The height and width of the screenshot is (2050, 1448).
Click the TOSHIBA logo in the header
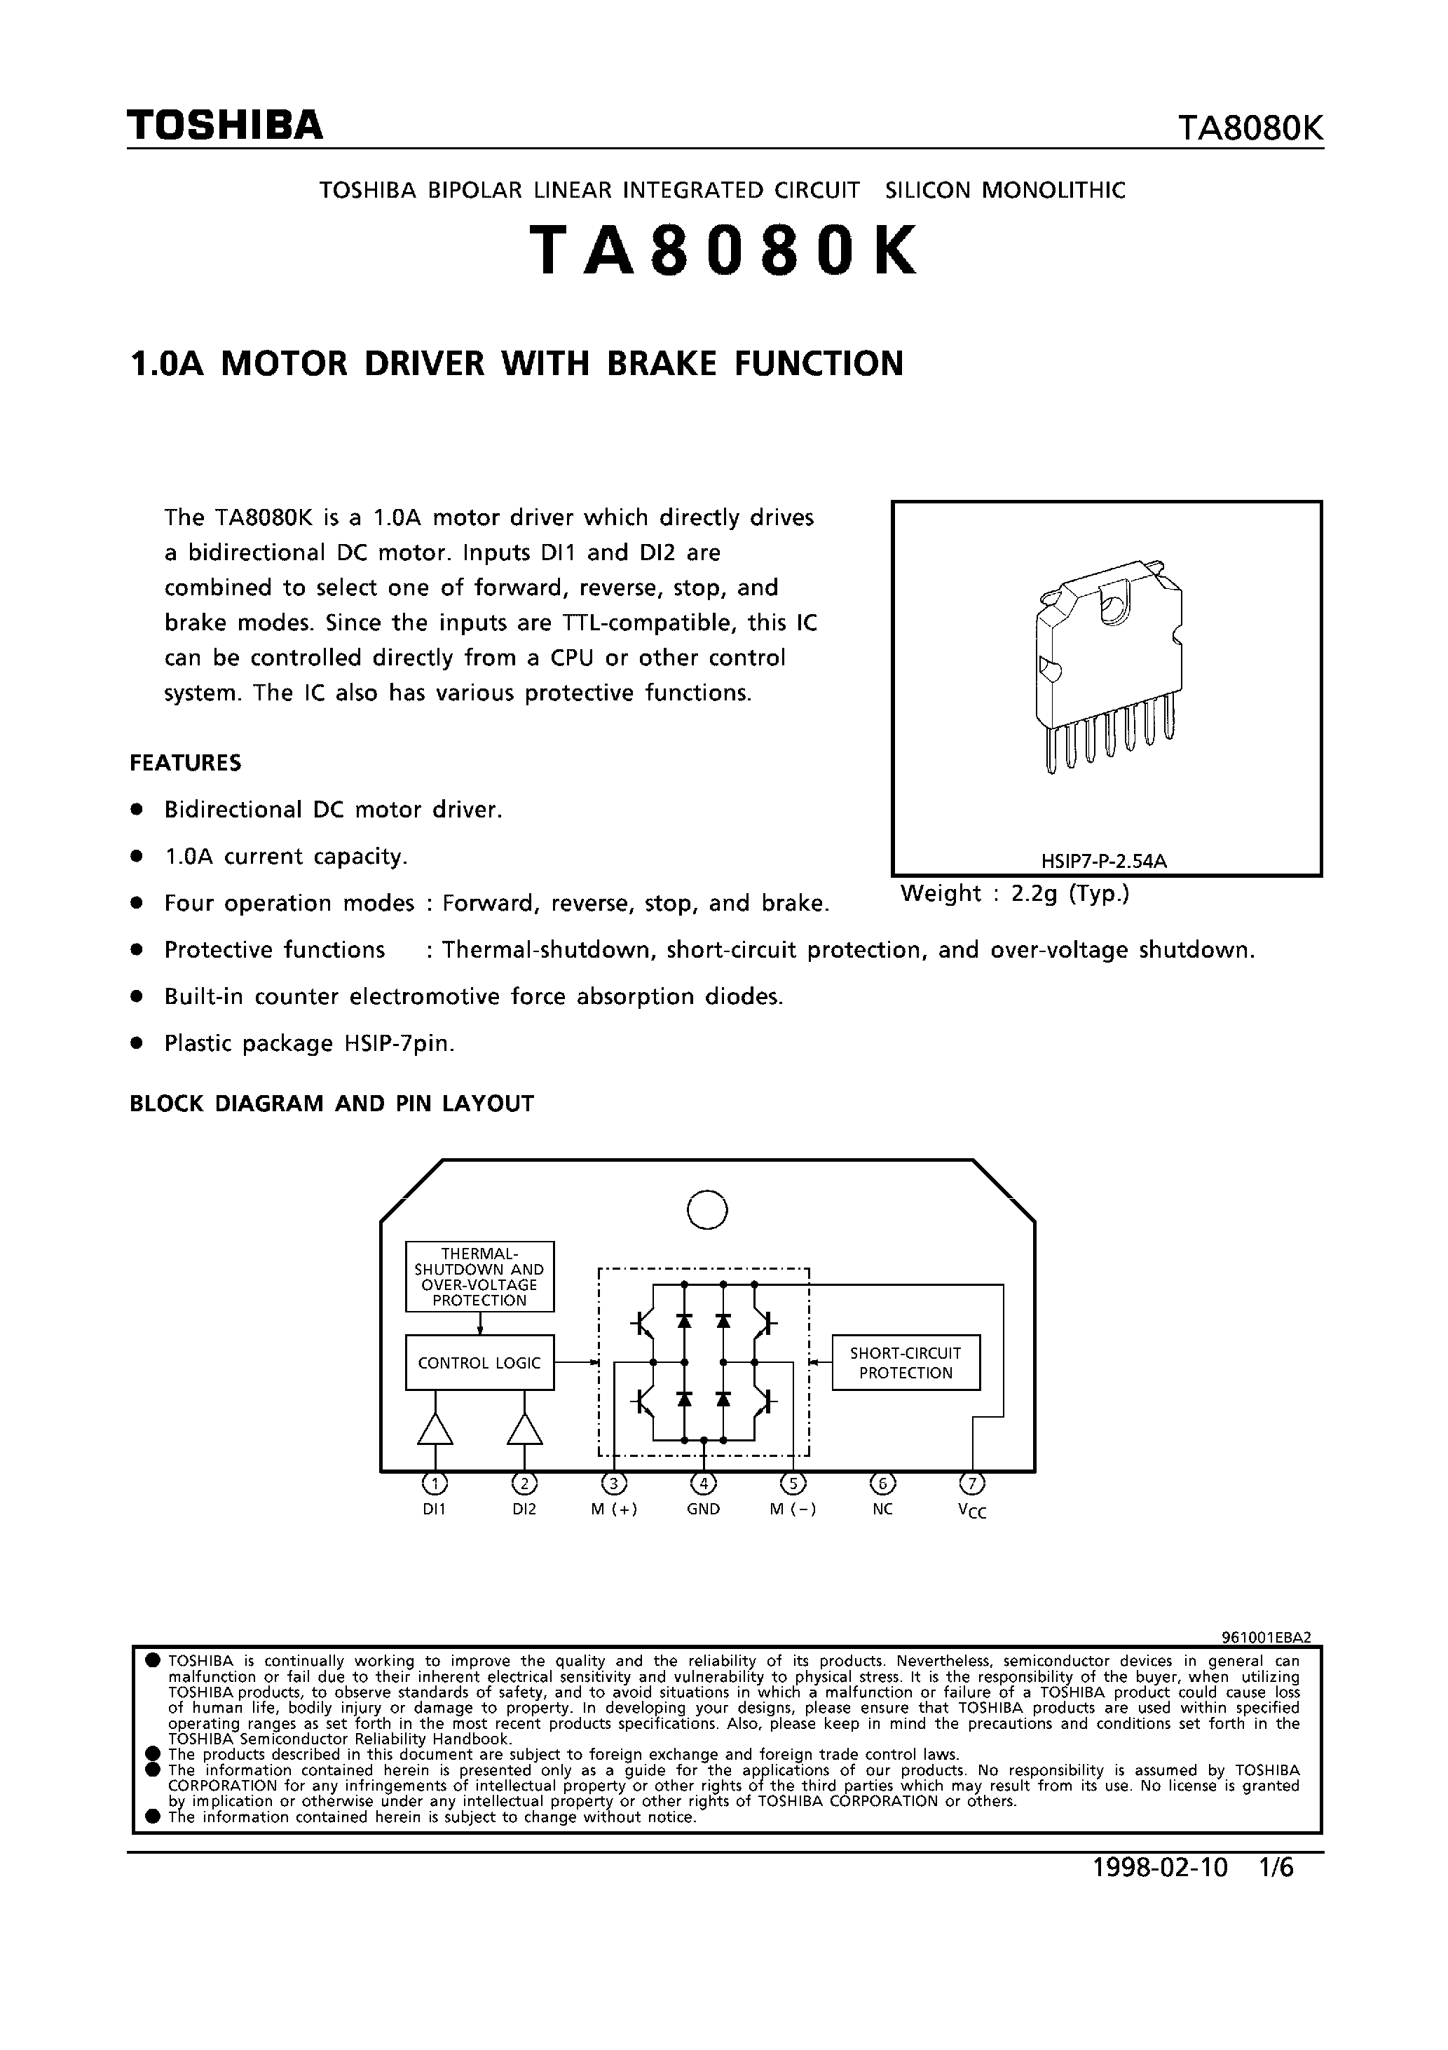tap(225, 126)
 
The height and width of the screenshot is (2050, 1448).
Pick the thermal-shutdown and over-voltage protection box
tap(479, 1277)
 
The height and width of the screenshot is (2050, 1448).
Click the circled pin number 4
tap(704, 1484)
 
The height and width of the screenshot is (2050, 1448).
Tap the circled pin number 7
tap(972, 1484)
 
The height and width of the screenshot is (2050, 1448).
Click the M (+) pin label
tap(614, 1510)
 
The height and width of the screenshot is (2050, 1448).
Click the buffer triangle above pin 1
tap(435, 1430)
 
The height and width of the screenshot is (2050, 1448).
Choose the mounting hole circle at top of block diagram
tap(707, 1211)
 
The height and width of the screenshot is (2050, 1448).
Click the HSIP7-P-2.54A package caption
tap(1105, 862)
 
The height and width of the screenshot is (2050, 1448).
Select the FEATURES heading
tap(186, 763)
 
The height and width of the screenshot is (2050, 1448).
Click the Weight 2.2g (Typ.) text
tap(1015, 894)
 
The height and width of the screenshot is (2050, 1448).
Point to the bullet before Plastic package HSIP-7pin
tap(137, 1043)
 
